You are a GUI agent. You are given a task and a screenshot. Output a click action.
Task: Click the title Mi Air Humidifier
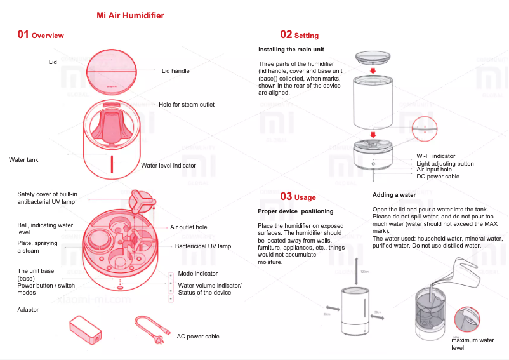click(x=130, y=15)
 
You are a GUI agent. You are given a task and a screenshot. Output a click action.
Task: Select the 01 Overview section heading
click(x=41, y=35)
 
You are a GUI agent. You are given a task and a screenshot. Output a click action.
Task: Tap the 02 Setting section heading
click(x=299, y=35)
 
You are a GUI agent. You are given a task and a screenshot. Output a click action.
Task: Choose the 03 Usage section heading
click(x=298, y=197)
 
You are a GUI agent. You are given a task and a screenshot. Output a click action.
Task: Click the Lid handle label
click(x=176, y=71)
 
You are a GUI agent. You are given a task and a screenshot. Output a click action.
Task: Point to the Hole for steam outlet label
click(x=187, y=105)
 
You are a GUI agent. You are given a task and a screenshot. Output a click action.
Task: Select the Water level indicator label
click(x=168, y=166)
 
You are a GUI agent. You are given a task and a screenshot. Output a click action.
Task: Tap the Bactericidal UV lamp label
click(x=203, y=246)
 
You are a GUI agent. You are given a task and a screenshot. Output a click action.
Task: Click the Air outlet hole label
click(x=188, y=227)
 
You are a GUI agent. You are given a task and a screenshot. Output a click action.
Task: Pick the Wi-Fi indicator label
click(x=435, y=156)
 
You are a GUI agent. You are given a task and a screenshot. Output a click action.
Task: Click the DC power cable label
click(x=438, y=177)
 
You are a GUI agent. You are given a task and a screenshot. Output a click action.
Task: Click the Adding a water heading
click(x=394, y=195)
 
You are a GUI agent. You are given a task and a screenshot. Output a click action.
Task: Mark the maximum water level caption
click(x=472, y=344)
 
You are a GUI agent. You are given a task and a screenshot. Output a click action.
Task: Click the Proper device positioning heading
click(x=295, y=211)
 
